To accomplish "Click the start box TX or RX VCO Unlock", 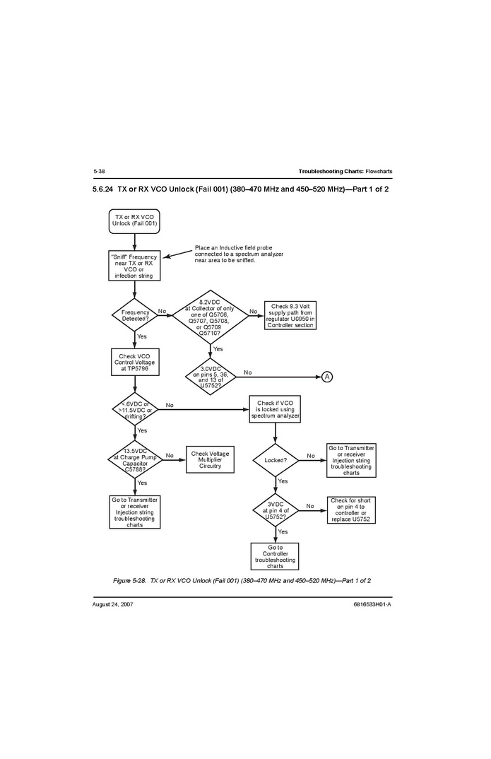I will click(x=134, y=220).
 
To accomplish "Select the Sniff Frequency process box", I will click(x=134, y=266).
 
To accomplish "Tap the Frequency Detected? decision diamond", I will click(x=135, y=314).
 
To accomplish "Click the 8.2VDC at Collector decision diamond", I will click(x=210, y=314).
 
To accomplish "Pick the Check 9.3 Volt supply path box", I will click(x=290, y=315).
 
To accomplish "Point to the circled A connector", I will click(x=327, y=376).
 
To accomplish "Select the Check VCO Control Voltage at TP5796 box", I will click(x=134, y=363).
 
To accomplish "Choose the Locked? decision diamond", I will click(x=275, y=460).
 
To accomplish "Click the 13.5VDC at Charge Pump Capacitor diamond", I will click(x=135, y=460).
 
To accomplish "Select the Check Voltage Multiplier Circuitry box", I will click(x=210, y=460).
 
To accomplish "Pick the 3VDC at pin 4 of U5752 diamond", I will click(x=275, y=510).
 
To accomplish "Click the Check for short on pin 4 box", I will click(x=350, y=510).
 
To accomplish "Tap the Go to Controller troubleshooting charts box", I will click(x=275, y=556).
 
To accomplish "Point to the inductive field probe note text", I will click(x=238, y=254).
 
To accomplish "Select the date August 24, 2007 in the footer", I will click(x=113, y=604).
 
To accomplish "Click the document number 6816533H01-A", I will click(x=372, y=604).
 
